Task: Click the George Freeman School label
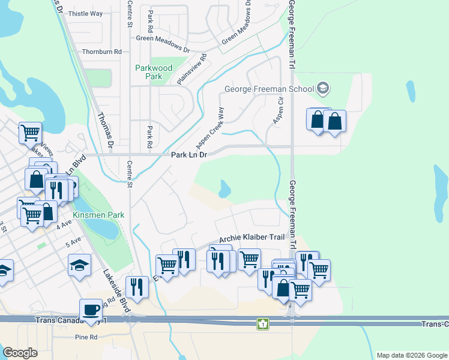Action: tap(269, 89)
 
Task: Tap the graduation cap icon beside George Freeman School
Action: tap(324, 89)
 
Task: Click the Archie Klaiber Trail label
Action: tap(252, 238)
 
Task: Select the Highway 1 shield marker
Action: tap(262, 324)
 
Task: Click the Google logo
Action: tap(20, 353)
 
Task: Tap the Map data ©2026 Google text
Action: tap(412, 355)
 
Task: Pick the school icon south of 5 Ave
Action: tap(79, 265)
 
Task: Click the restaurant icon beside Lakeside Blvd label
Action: tap(137, 286)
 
